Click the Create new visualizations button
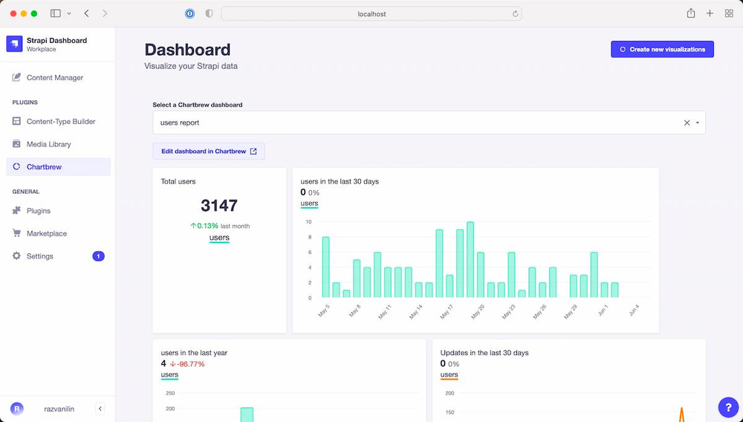[662, 49]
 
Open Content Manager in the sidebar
[54, 77]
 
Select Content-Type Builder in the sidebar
[60, 121]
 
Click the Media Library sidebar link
[48, 144]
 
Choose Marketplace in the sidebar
[46, 233]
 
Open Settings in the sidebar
[39, 256]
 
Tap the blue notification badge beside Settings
[98, 256]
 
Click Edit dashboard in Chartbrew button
[209, 152]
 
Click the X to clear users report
[687, 123]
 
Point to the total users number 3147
[219, 206]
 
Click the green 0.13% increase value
[207, 226]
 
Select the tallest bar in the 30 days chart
[470, 259]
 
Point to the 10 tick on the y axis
[309, 222]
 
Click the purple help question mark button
[728, 407]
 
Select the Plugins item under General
[38, 211]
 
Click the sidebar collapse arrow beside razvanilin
[100, 409]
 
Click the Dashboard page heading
[187, 50]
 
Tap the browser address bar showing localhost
[371, 13]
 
